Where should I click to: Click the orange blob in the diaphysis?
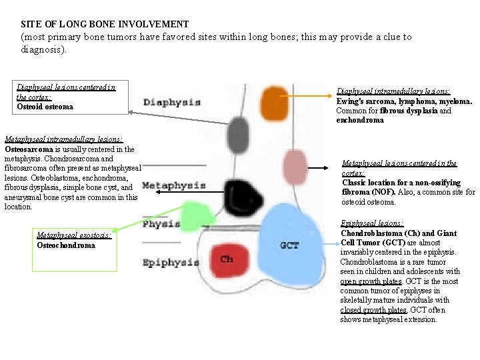click(274, 100)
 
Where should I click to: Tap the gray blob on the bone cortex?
click(238, 135)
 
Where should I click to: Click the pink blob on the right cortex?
click(293, 163)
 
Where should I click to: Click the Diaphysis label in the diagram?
click(172, 102)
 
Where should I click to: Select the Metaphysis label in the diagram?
click(173, 185)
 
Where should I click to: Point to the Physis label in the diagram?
click(161, 224)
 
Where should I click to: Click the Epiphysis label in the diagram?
click(171, 263)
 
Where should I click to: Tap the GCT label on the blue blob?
click(289, 245)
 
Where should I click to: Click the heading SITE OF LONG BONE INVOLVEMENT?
click(105, 24)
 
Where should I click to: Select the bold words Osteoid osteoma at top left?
click(45, 107)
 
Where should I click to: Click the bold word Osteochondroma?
click(66, 245)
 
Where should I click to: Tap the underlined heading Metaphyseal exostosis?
click(74, 235)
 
